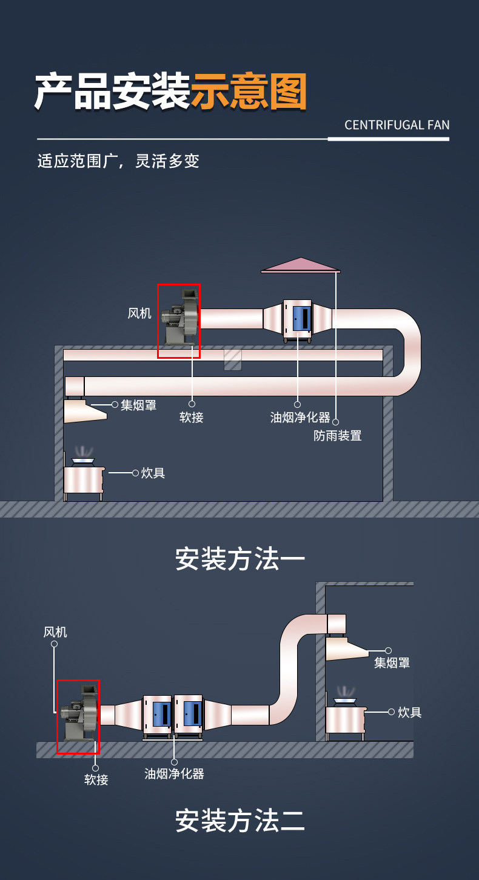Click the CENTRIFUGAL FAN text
pos(397,125)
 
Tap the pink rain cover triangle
pos(301,265)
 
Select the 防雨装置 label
pos(338,436)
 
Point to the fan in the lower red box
pos(79,713)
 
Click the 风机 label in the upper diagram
pos(139,313)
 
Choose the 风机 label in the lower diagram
pos(55,632)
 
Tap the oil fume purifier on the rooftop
pos(297,320)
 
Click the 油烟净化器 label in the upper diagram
pos(300,417)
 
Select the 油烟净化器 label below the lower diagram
pos(175,773)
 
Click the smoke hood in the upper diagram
pos(84,410)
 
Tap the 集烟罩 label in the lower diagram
pos(392,663)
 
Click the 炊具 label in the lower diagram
pos(410,712)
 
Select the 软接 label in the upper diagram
pos(192,417)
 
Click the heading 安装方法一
pos(239,559)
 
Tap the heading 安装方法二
pos(239,820)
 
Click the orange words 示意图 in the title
pos(249,91)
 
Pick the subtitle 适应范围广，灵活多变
pos(118,161)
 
